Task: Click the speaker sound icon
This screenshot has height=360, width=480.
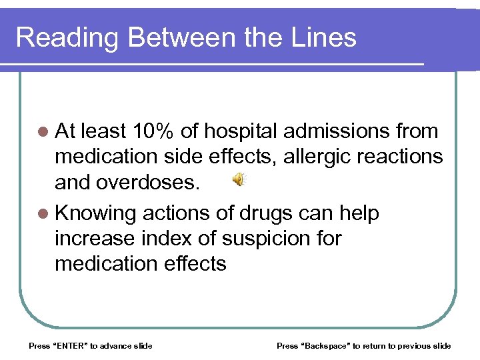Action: pyautogui.click(x=239, y=179)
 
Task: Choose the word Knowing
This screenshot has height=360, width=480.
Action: pyautogui.click(x=95, y=213)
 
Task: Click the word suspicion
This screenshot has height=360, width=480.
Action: pyautogui.click(x=297, y=238)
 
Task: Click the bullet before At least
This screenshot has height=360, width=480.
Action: pyautogui.click(x=42, y=131)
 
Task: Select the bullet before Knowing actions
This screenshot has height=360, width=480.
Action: pyautogui.click(x=42, y=214)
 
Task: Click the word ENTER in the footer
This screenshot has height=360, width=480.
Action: pyautogui.click(x=71, y=345)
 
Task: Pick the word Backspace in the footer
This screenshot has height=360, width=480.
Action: pyautogui.click(x=326, y=345)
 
